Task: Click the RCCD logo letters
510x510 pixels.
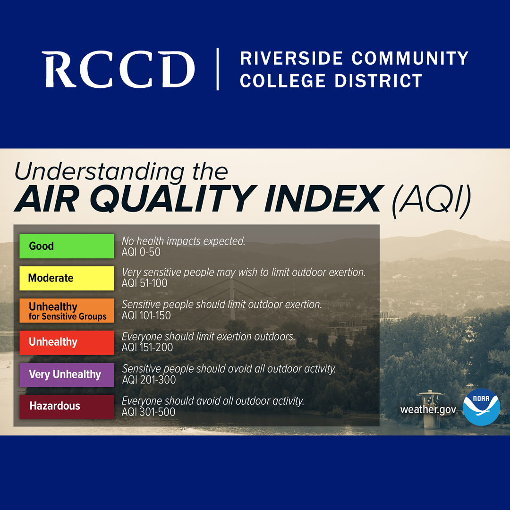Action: tap(119, 69)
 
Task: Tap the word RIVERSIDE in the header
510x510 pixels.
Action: tap(291, 58)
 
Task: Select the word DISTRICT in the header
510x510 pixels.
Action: tap(379, 81)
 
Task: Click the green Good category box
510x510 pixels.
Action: tap(67, 246)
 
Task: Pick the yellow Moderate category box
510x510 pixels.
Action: tap(67, 278)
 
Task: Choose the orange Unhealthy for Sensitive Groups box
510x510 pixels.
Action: tap(67, 310)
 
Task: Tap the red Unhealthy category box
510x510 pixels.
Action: tap(67, 342)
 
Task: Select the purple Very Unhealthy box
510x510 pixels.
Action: tap(67, 374)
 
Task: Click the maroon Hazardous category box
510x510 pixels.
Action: tap(67, 407)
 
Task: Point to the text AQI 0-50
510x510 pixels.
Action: tap(141, 252)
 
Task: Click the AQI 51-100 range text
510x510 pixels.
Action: tap(144, 283)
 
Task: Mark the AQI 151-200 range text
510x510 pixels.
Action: tap(147, 348)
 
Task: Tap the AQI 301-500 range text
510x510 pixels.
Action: tap(148, 412)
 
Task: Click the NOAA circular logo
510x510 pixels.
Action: tap(481, 407)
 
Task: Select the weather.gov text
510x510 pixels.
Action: tap(428, 409)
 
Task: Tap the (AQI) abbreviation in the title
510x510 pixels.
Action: tap(432, 199)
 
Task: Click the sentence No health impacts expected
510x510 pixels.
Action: tap(183, 241)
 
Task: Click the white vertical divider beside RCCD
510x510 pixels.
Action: tap(218, 69)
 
